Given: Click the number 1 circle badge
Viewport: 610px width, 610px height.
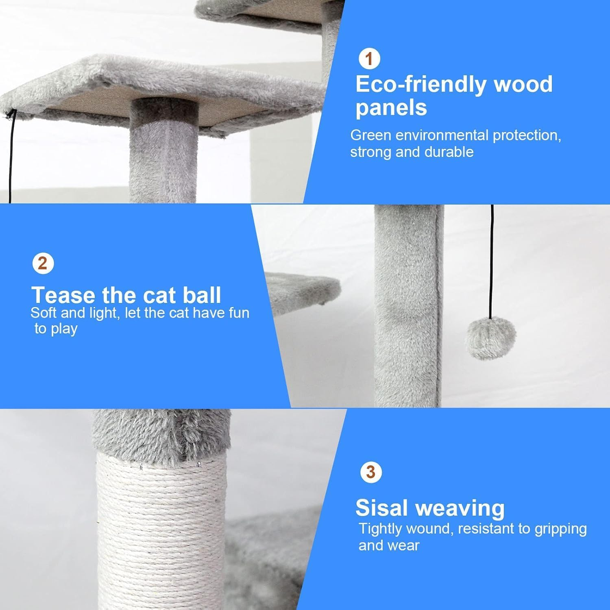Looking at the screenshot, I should (x=369, y=59).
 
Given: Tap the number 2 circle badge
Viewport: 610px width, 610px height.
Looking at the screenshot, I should (x=43, y=264).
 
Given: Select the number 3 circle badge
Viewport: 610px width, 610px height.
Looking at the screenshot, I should (x=371, y=473).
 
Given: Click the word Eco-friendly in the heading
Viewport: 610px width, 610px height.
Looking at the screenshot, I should (x=420, y=85).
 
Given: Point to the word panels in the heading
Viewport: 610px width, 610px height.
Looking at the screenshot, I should (x=391, y=108).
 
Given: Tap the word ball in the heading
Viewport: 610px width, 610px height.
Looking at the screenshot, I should (x=201, y=295).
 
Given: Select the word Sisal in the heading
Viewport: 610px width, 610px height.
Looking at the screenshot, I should (x=381, y=508).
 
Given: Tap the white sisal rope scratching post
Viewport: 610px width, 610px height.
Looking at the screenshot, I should (x=161, y=529).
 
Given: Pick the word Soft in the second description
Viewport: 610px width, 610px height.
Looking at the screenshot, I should (x=44, y=313).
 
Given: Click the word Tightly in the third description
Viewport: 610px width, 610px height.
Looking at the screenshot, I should (x=380, y=529).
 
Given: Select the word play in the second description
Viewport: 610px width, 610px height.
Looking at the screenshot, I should (x=64, y=329).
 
